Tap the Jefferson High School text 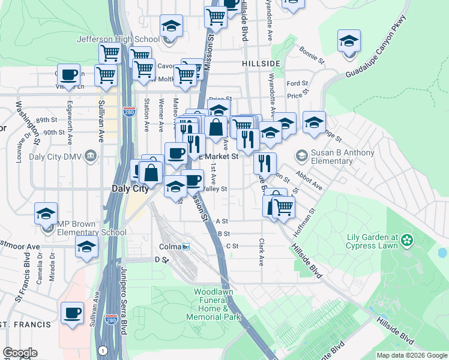point(118,40)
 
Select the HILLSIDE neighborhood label point(261,63)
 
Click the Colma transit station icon point(186,247)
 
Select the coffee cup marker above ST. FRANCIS point(73,313)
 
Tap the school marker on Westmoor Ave point(87,247)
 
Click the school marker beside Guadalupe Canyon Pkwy point(349,42)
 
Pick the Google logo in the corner point(20,353)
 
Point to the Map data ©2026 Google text point(411,355)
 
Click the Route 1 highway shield point(104,350)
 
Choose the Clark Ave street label point(261,252)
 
